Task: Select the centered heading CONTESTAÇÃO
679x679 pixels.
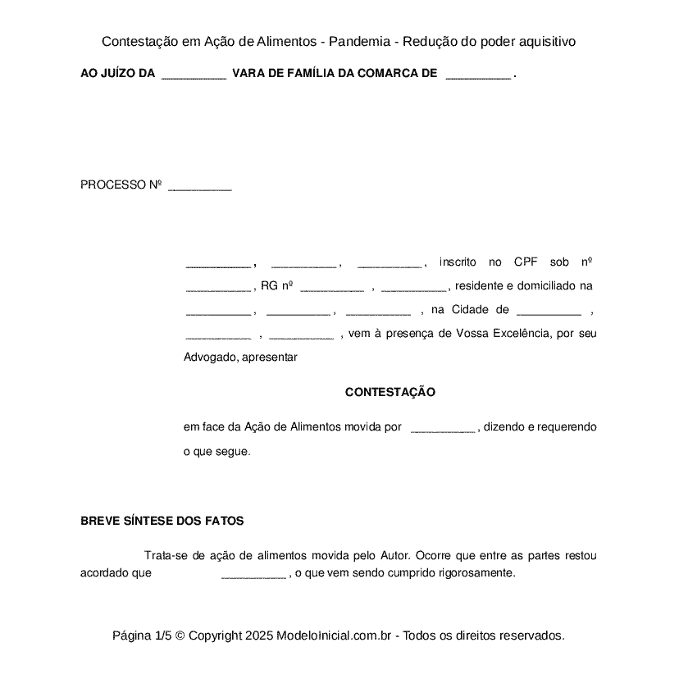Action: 390,393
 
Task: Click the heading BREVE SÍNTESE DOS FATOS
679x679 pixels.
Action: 162,522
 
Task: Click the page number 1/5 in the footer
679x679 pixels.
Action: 163,636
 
